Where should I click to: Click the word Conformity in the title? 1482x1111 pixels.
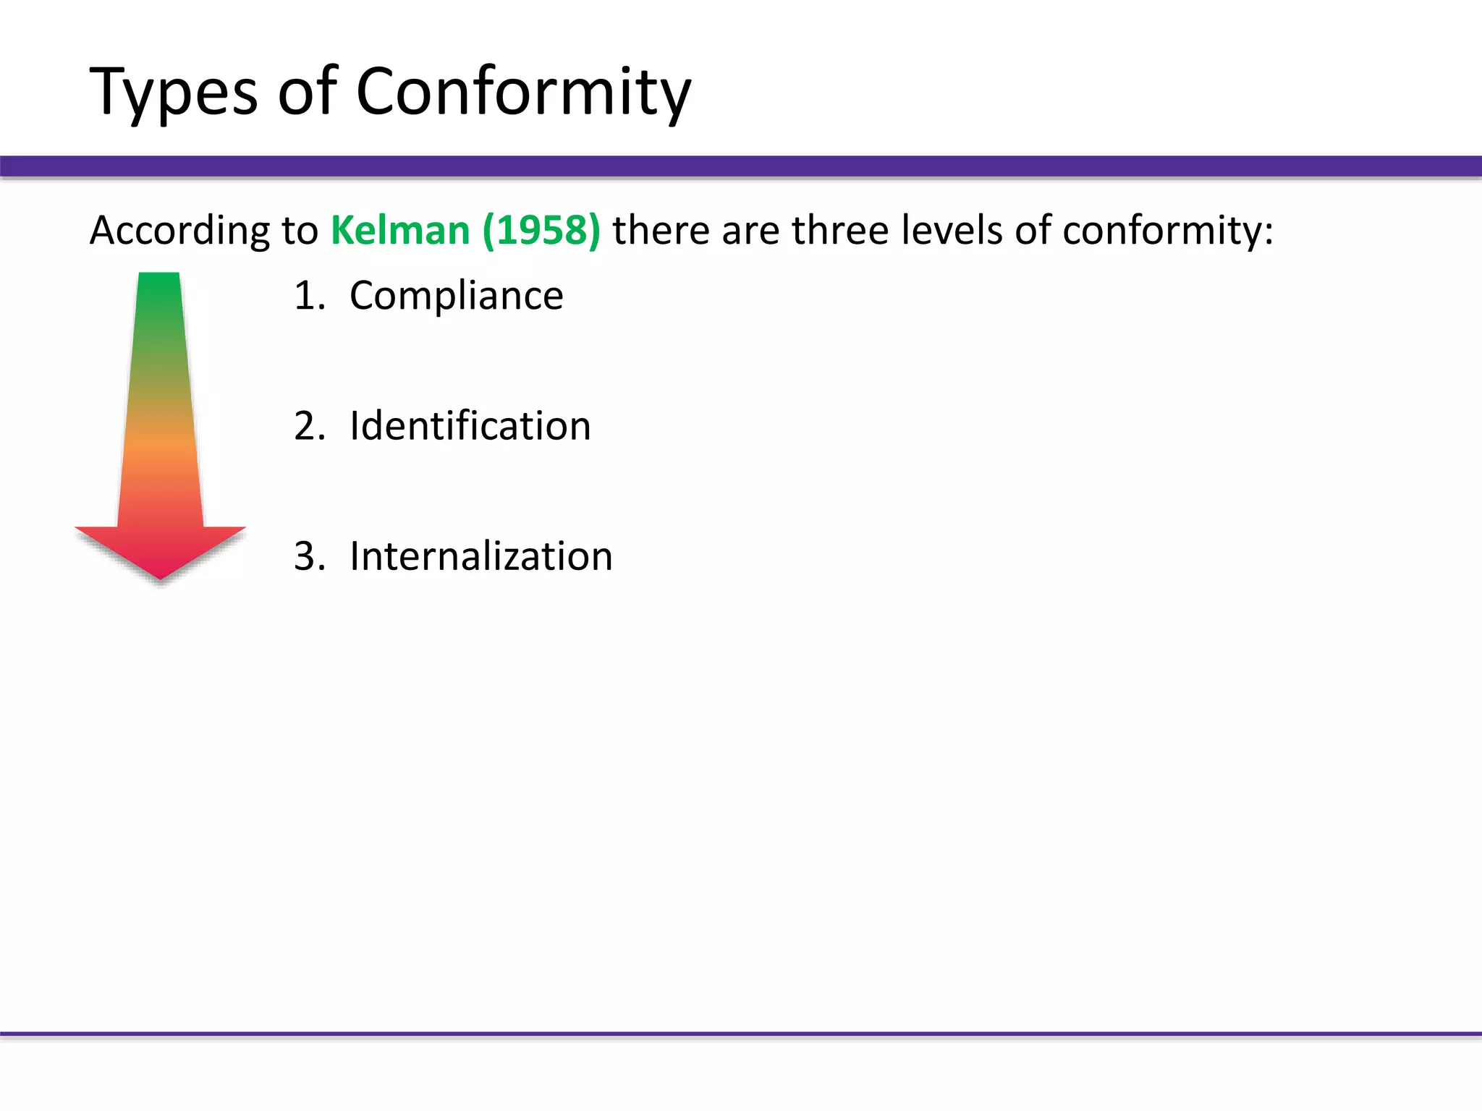pos(523,93)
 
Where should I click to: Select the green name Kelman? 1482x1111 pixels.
pos(400,231)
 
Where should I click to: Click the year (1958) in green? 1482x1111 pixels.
pos(541,231)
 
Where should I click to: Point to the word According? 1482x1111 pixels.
pos(179,232)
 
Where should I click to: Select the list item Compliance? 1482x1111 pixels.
pos(456,296)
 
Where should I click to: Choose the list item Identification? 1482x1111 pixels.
pos(470,426)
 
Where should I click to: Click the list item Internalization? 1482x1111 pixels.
pos(480,556)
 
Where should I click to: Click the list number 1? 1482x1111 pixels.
pos(307,296)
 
